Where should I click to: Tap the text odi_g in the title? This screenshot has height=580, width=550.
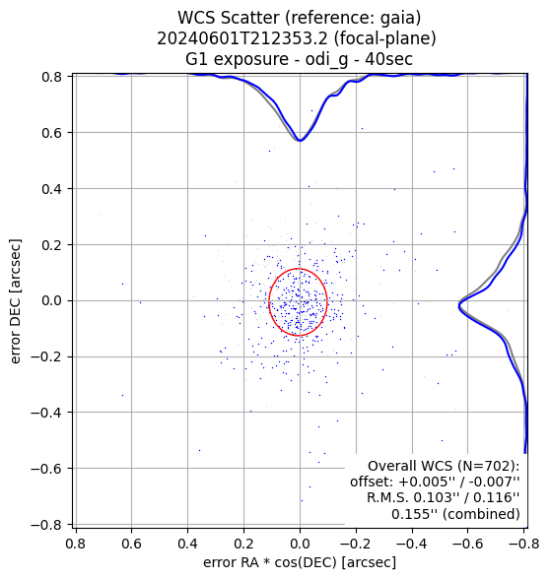pos(326,60)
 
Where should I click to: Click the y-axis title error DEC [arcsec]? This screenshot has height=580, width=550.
pos(15,301)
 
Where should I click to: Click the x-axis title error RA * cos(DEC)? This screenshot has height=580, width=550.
pos(270,562)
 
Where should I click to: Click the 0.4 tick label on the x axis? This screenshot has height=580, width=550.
pos(187,544)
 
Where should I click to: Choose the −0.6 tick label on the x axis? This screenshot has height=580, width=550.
pos(467,544)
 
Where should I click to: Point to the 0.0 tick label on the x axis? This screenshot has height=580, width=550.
pos(300,544)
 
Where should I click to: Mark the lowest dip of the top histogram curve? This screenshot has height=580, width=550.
pos(300,141)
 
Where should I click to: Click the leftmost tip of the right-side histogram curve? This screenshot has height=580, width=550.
pos(459,306)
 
